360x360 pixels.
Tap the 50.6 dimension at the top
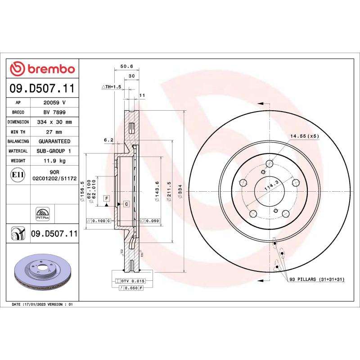pyautogui.click(x=120, y=67)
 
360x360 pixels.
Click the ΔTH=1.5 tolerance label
pyautogui.click(x=112, y=86)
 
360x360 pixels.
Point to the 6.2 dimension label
pyautogui.click(x=108, y=140)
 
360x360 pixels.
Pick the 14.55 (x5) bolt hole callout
pyautogui.click(x=304, y=135)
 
